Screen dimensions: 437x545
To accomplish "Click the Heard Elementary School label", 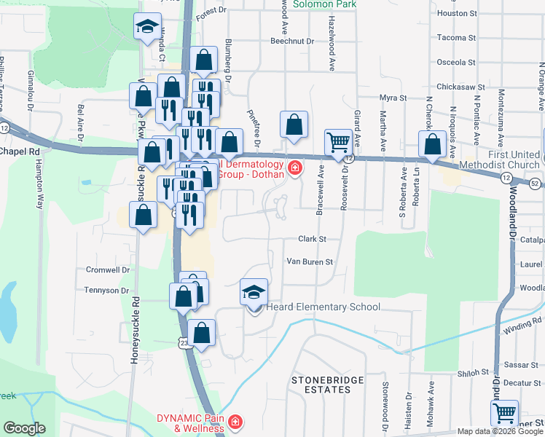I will [323, 307].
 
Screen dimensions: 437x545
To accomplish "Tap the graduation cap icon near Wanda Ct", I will [148, 28].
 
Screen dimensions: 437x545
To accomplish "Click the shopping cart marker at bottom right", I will [504, 413].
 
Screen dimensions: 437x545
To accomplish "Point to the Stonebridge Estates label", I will [326, 385].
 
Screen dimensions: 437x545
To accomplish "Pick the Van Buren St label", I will [309, 261].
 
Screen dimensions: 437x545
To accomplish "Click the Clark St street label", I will [311, 239].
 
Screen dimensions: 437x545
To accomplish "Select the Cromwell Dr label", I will [108, 269].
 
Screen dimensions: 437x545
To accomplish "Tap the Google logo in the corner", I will [25, 428].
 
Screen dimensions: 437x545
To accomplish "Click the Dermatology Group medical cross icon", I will [294, 170].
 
